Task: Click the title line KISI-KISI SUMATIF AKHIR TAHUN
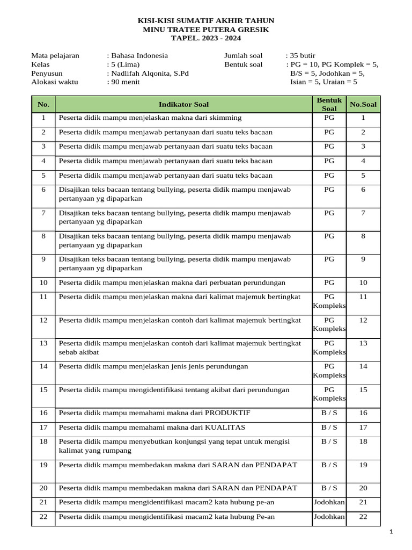[205, 21]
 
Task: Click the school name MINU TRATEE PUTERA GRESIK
[205, 30]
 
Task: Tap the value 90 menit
[126, 82]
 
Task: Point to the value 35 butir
[303, 55]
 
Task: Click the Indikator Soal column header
[183, 104]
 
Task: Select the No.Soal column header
[363, 104]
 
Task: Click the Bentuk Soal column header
[329, 104]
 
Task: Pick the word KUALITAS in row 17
[223, 428]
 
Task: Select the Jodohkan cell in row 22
[329, 517]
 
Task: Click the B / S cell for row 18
[329, 442]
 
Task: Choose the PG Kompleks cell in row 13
[329, 348]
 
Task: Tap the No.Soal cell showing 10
[363, 283]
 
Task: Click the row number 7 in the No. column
[43, 213]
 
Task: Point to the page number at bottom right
[391, 532]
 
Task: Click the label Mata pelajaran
[55, 55]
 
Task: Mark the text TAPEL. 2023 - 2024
[205, 38]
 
